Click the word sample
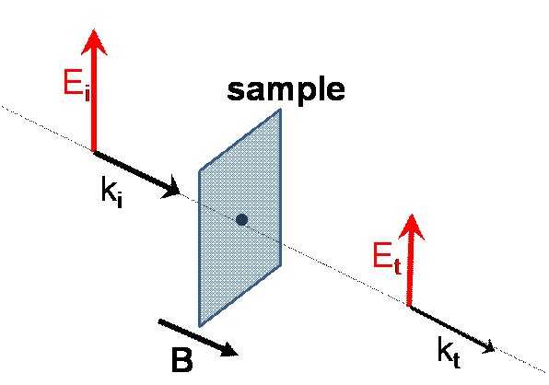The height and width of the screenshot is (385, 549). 286,90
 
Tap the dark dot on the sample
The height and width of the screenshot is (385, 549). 241,220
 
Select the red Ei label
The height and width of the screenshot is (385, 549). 76,84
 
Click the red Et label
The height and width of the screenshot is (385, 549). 387,257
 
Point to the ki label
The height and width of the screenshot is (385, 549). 111,192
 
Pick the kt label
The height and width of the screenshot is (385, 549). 449,352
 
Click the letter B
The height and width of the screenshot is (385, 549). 182,359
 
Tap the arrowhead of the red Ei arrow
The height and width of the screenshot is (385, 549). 94,42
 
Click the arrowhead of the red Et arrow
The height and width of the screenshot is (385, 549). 412,227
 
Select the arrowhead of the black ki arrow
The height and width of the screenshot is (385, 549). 171,187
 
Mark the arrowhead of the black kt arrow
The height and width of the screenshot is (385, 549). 488,347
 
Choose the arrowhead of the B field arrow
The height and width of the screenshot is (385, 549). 229,350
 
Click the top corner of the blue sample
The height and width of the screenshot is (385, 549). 280,109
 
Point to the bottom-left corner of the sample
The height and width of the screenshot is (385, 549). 200,327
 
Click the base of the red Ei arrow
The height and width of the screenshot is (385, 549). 94,151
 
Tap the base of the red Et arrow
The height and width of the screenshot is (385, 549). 409,306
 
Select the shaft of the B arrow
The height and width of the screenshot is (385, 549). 191,334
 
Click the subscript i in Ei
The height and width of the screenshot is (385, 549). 88,94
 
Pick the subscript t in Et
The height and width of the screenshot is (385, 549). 397,267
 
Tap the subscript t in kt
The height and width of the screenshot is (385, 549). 456,359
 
